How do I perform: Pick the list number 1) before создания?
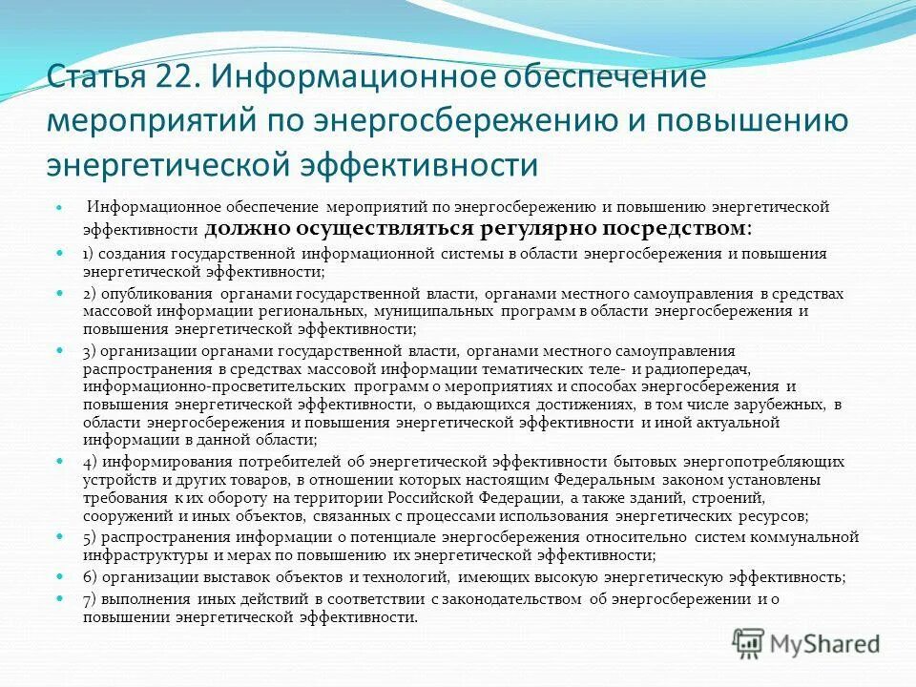88,254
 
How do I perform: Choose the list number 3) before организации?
89,351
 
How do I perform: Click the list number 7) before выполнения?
89,599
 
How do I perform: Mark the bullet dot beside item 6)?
58,577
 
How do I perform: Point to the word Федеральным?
599,480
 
